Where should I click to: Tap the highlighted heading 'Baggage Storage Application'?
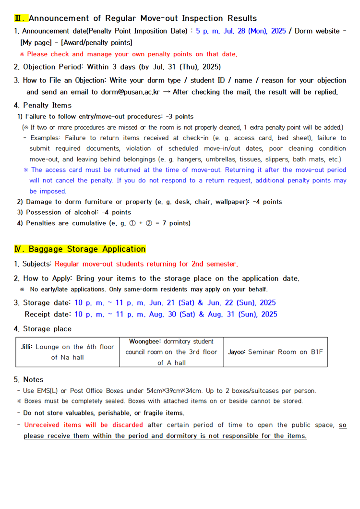coord(87,249)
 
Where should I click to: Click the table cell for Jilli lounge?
coord(67,352)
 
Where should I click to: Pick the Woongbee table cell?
coord(171,352)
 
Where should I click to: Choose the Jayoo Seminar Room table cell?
coord(275,352)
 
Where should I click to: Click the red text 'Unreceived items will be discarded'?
coord(84,425)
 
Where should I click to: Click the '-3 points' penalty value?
coord(180,117)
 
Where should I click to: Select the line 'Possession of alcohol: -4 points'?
coord(74,212)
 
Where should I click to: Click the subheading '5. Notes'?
coord(29,379)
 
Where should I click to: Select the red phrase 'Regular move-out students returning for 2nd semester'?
coord(146,264)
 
